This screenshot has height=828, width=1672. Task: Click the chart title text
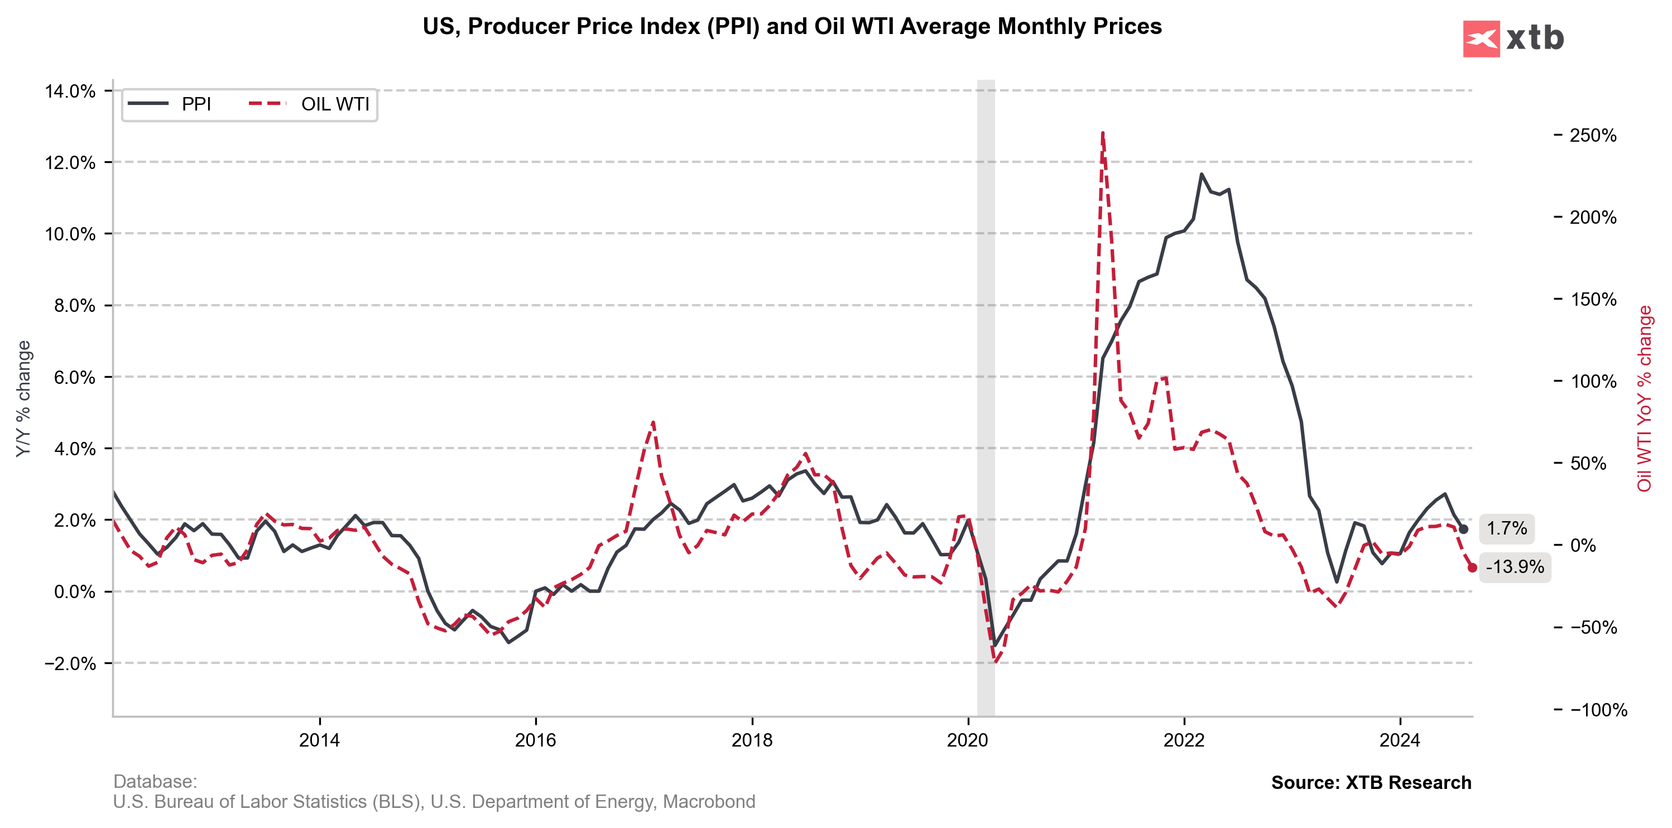click(792, 27)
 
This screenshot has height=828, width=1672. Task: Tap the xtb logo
click(1513, 39)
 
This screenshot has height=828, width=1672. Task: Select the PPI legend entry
click(170, 104)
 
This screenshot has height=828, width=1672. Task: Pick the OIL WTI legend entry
click(310, 104)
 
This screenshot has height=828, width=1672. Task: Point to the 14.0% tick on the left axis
click(70, 92)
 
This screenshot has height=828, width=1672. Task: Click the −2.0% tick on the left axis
click(70, 664)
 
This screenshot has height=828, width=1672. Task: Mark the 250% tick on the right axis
click(1592, 136)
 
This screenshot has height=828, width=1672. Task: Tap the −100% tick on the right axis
click(1598, 710)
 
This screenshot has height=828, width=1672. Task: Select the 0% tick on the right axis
click(1583, 546)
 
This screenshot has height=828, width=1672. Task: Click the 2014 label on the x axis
click(319, 740)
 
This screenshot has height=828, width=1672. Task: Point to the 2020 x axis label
click(968, 740)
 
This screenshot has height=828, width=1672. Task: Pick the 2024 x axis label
click(1400, 740)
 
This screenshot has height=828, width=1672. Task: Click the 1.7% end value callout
click(1506, 529)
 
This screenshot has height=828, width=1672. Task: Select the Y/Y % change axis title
click(24, 398)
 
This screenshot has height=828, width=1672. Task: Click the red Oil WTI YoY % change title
click(1644, 398)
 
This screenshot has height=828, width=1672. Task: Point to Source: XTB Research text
click(1371, 783)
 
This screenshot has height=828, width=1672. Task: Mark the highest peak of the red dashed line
click(1103, 134)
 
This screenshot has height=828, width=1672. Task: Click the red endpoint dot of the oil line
click(1472, 568)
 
